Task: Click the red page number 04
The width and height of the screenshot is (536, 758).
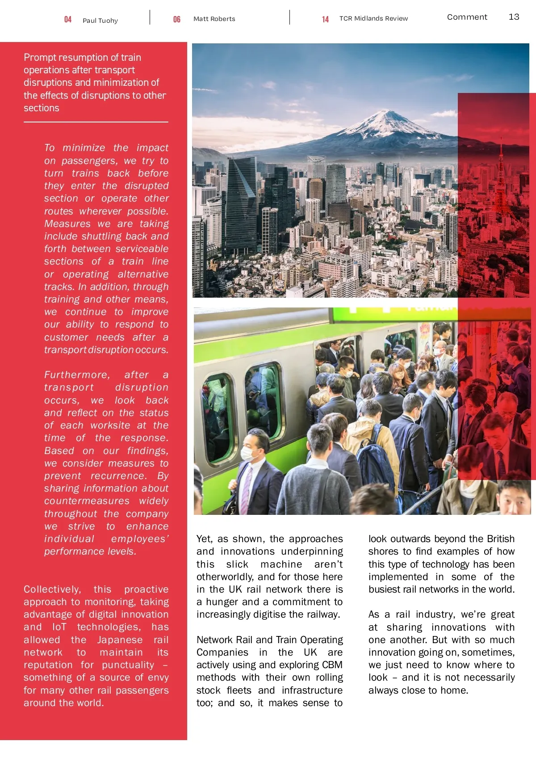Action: coord(68,20)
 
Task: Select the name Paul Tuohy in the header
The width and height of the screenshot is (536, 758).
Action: coord(100,21)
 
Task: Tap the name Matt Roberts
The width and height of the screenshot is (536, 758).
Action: coord(214,19)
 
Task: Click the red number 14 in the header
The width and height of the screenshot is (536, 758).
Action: coord(325,19)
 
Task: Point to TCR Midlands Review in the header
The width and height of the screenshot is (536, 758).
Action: coord(373,18)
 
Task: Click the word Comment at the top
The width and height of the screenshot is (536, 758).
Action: coord(467,17)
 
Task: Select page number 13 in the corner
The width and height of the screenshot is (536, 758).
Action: coord(514,17)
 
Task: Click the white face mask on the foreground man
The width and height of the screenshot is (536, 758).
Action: coord(247,454)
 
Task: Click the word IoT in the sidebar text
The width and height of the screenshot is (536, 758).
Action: coord(59,627)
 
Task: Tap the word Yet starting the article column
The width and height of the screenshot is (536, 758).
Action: coord(204,539)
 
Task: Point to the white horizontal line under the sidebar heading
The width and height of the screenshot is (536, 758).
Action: coord(96,122)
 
